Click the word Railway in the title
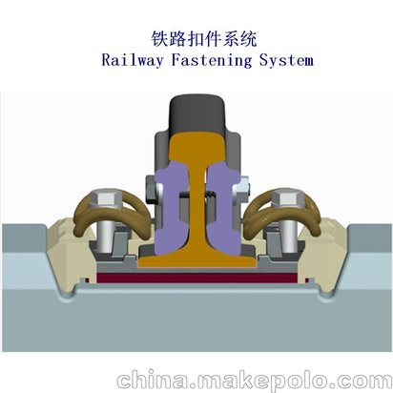133,60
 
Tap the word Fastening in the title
211,60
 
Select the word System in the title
286,60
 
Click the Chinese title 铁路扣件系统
204,38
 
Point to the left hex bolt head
105,198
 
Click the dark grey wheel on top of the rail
197,114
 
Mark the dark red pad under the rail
197,279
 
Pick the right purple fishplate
222,207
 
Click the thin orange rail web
197,203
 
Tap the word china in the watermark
153,380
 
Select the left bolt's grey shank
104,237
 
